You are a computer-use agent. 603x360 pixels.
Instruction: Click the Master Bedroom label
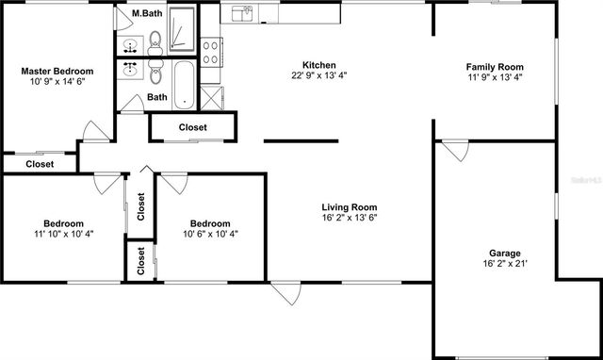coord(57,71)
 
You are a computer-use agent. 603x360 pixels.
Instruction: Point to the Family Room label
coord(495,67)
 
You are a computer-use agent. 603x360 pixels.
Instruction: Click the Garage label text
coord(504,253)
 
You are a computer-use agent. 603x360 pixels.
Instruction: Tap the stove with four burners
coord(210,51)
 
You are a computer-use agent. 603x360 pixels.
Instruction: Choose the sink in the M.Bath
coord(129,44)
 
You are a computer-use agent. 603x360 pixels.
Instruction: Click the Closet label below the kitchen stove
coord(192,127)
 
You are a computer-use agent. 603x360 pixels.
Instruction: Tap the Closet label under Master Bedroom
coord(39,164)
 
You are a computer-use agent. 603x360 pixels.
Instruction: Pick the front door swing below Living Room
coord(285,294)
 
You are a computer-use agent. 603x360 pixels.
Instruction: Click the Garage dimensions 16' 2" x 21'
coord(504,265)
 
